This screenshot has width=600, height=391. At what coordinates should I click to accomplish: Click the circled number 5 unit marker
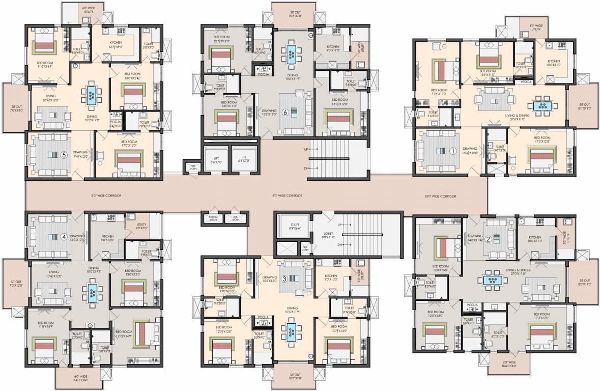coord(64,156)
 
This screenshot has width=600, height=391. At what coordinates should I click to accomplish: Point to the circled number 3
coord(284,277)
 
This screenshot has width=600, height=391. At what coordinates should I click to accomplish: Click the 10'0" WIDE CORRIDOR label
coord(440,196)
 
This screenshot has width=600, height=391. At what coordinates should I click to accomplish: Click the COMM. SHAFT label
coord(214,218)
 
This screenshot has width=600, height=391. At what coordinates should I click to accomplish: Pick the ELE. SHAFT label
coord(236,218)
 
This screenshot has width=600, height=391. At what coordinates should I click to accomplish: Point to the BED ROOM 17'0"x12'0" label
coord(129,143)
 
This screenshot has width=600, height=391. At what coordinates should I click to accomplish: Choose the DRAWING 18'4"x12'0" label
coord(470,151)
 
